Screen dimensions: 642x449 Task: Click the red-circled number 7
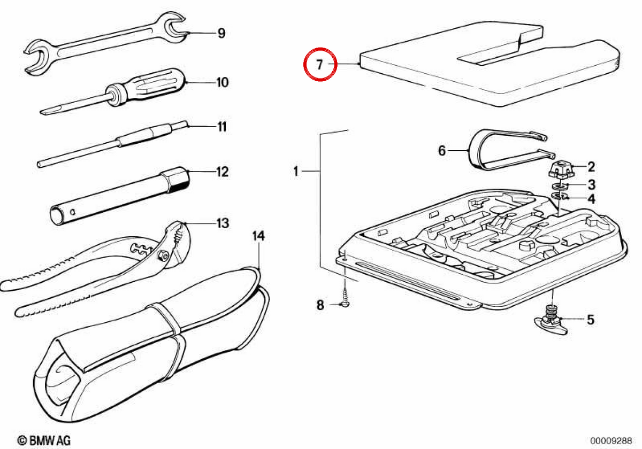[319, 65]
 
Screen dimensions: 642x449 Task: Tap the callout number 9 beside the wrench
[221, 33]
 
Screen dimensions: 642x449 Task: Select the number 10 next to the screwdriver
[223, 82]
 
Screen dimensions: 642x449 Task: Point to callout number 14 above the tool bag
[258, 236]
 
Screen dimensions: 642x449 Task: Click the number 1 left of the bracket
[296, 171]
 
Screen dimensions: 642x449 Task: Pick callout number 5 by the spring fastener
[591, 320]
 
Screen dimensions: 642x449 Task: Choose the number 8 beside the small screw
[320, 305]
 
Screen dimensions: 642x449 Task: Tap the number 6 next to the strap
[442, 150]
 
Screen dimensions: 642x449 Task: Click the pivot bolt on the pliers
[162, 254]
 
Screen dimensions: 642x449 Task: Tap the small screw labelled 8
[345, 300]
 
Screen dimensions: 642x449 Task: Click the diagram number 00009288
[611, 440]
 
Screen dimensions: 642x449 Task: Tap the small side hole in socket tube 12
[73, 212]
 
